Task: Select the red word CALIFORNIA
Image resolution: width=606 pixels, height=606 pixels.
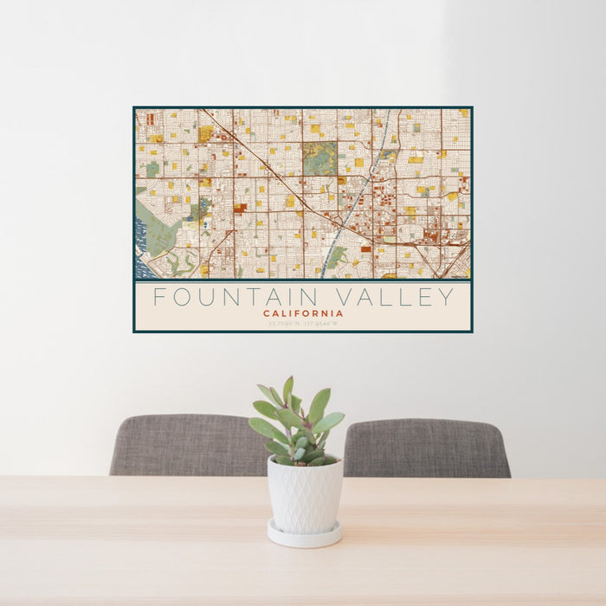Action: pos(303,313)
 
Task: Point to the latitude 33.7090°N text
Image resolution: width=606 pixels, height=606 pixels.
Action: pos(282,324)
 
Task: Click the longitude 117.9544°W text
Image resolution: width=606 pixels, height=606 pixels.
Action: pos(321,324)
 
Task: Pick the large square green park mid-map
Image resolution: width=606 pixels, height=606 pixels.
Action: pos(319,158)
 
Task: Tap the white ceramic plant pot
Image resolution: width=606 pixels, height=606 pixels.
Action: pos(305,495)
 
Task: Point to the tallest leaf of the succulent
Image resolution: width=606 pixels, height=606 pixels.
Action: pos(287,390)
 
